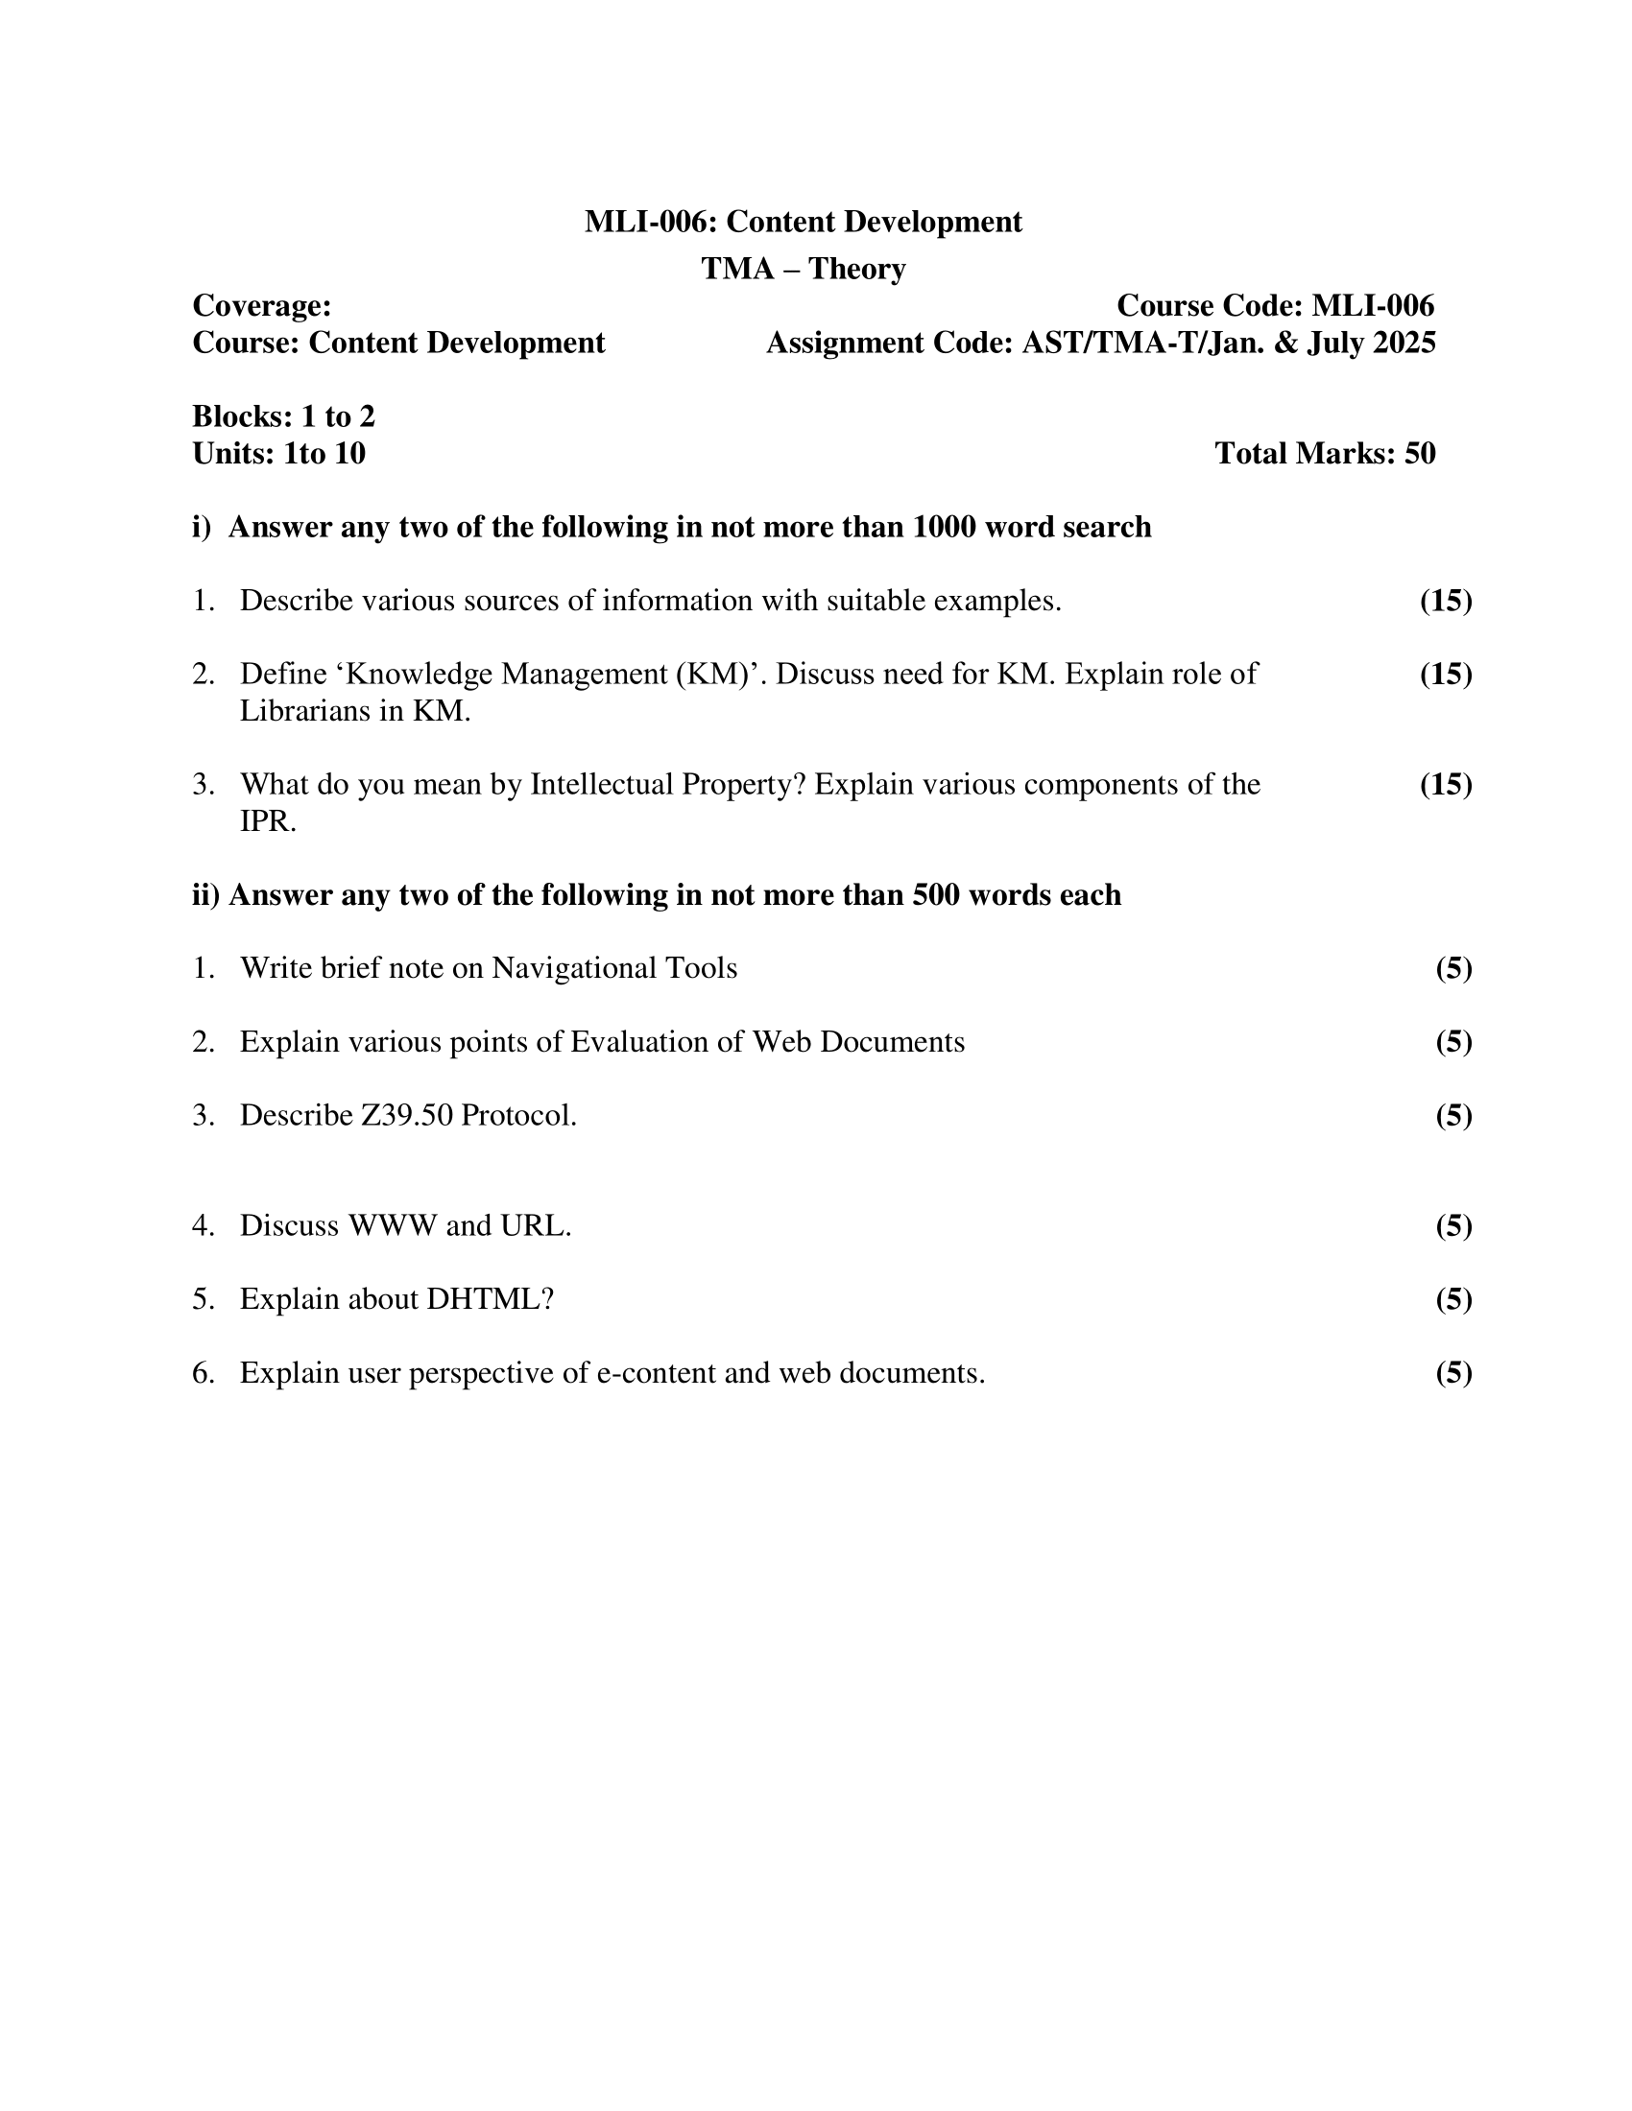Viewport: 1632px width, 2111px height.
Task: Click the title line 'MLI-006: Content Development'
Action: pyautogui.click(x=803, y=223)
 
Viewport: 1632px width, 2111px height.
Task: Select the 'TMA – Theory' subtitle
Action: pyautogui.click(x=803, y=269)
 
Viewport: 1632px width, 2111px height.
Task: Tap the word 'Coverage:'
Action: pyautogui.click(x=262, y=306)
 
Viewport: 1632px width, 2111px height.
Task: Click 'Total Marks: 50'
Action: pyautogui.click(x=1325, y=453)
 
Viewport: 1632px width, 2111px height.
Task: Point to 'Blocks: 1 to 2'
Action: pyautogui.click(x=283, y=416)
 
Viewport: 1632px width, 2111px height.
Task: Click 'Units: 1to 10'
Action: pyautogui.click(x=278, y=453)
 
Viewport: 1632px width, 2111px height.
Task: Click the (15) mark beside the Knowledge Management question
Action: pyautogui.click(x=1446, y=674)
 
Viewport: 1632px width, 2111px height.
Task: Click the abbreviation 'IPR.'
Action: pyautogui.click(x=268, y=821)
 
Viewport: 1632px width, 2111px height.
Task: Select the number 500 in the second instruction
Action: pyautogui.click(x=935, y=895)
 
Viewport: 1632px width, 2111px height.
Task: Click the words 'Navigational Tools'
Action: pyautogui.click(x=614, y=968)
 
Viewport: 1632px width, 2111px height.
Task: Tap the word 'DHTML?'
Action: pyautogui.click(x=491, y=1299)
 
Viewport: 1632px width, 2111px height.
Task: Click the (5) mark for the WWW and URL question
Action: pyautogui.click(x=1453, y=1225)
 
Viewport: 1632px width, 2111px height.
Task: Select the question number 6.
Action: pyautogui.click(x=203, y=1372)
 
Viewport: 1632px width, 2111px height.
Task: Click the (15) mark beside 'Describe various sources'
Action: pyautogui.click(x=1446, y=602)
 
